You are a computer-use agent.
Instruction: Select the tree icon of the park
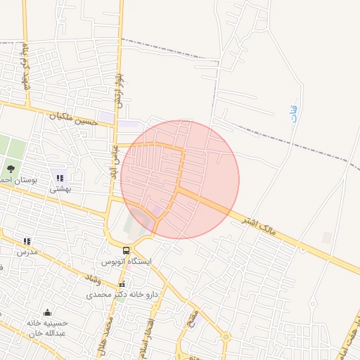[11, 169]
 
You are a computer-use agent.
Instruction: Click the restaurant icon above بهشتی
[60, 178]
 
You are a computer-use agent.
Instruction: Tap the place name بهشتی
[60, 188]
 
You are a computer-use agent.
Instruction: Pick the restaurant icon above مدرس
[27, 241]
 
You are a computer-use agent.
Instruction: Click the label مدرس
[27, 251]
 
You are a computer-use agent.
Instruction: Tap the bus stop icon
[127, 250]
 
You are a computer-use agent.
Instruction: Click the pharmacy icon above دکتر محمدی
[123, 284]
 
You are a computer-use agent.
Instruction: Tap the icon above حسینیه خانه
[48, 312]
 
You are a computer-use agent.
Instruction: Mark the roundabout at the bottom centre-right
[225, 337]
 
